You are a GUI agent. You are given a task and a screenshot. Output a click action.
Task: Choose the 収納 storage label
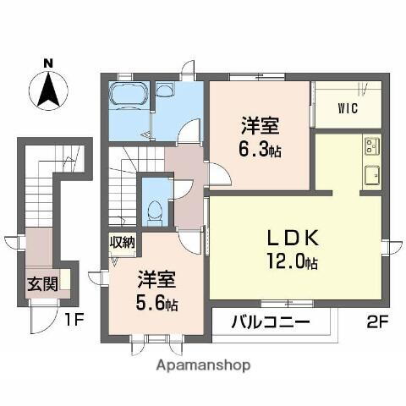tap(123, 243)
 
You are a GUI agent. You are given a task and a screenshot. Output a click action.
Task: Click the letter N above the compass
tap(48, 62)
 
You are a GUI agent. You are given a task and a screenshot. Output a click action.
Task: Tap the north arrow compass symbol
tap(48, 89)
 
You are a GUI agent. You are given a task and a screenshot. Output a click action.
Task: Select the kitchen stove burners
tap(371, 149)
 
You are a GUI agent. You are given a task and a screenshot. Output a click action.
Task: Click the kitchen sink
tap(371, 177)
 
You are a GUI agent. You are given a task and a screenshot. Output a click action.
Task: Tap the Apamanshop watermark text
tap(202, 365)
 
